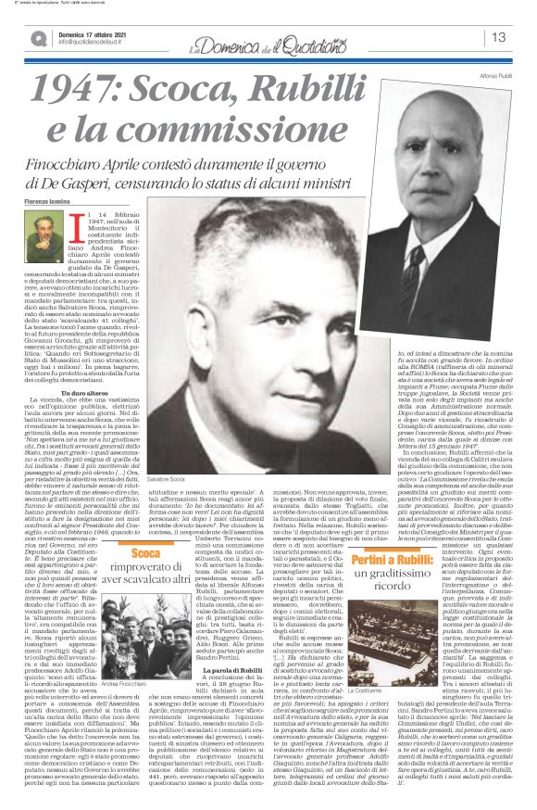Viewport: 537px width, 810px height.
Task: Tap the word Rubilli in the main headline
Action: click(x=371, y=89)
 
